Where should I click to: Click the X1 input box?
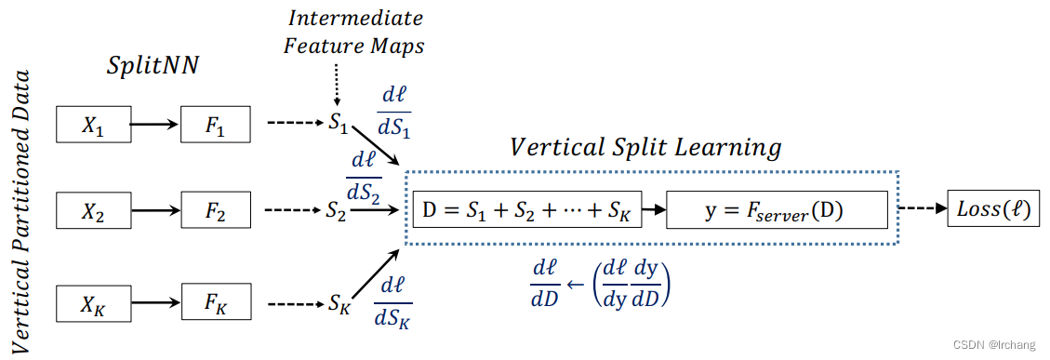[91, 125]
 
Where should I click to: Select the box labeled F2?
[216, 213]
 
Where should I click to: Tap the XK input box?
[91, 304]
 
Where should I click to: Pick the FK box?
[216, 304]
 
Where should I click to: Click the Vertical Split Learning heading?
[645, 147]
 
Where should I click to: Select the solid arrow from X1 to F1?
[153, 124]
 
